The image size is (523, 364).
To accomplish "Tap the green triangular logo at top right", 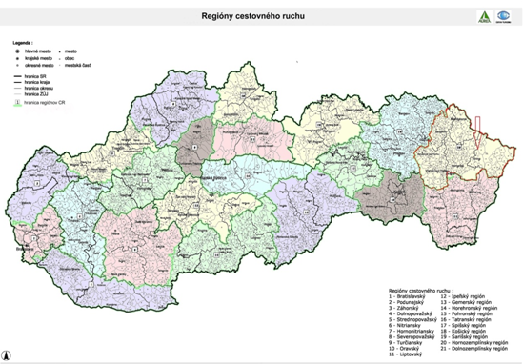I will (x=483, y=16).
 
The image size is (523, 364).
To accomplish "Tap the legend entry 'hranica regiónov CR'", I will (x=43, y=102).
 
